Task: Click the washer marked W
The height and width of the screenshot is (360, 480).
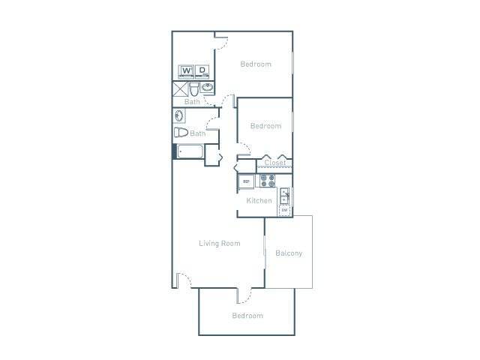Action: pos(185,72)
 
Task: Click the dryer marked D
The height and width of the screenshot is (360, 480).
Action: pos(202,72)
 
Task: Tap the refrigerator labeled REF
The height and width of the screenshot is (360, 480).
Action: pos(245,181)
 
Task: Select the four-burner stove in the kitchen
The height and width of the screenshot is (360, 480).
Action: pos(267,181)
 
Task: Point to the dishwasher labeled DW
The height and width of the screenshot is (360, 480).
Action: pos(285,210)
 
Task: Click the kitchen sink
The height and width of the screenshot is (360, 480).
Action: pos(285,196)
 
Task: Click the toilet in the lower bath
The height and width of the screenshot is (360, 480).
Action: pos(181,133)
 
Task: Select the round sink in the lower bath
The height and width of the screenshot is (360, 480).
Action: pos(179,116)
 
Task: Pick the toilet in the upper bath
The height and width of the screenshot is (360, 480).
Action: pos(194,88)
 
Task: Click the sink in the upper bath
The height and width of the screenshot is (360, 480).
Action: pos(206,88)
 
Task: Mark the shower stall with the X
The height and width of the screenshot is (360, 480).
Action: pos(180,88)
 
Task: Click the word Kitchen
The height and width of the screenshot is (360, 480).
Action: pos(259,201)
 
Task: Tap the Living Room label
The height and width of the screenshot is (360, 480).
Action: pos(219,243)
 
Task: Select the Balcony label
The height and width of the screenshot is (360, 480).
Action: pos(289,253)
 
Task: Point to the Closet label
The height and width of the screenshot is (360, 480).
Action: pos(275,162)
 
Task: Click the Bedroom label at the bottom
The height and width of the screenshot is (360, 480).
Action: pos(247,316)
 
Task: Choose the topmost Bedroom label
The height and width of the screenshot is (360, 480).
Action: pos(256,64)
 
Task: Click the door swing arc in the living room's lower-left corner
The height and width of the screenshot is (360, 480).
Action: pos(184,280)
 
